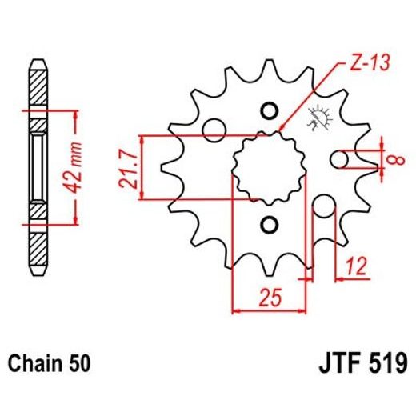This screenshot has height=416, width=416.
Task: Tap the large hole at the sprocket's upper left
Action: click(214, 128)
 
